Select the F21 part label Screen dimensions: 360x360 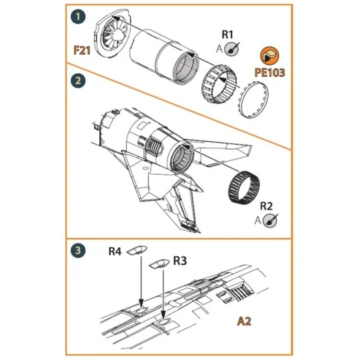coord(81,49)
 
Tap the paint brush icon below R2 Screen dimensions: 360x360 coord(271,220)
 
